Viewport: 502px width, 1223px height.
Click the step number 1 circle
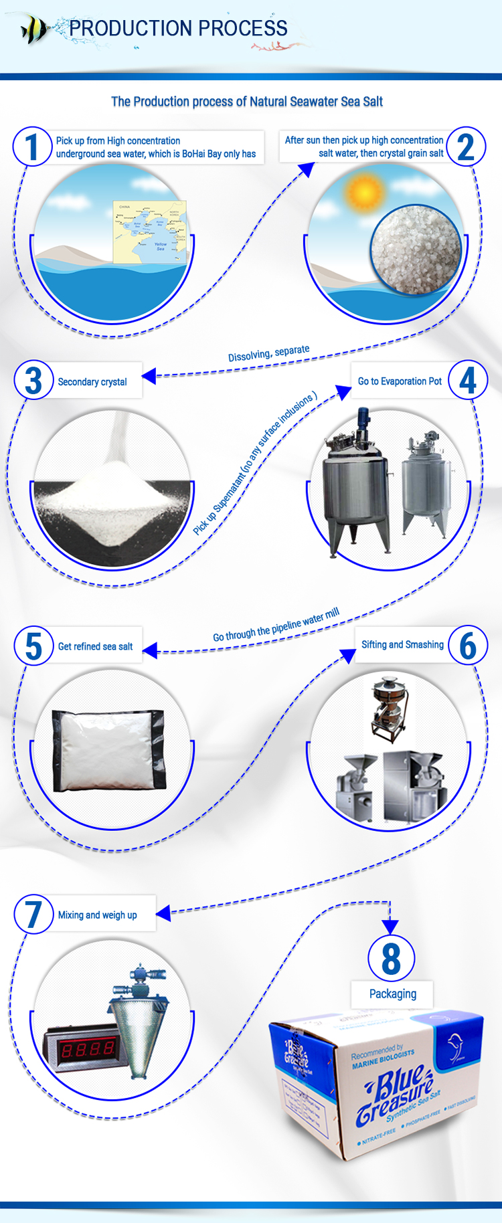click(x=32, y=147)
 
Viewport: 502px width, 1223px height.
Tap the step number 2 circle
click(x=466, y=147)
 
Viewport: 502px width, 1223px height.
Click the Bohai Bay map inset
click(x=150, y=231)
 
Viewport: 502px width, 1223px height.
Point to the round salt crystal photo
click(x=416, y=250)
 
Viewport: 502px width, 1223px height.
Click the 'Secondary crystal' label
click(x=92, y=381)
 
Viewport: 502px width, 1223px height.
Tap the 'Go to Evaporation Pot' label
click(x=400, y=381)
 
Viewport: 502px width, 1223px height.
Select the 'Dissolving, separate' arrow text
click(x=268, y=353)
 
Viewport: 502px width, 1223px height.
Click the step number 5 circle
click(x=33, y=646)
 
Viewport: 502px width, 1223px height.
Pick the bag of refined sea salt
click(x=108, y=750)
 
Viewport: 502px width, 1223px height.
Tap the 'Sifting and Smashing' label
click(x=402, y=645)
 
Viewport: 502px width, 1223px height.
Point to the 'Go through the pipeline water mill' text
click(x=276, y=625)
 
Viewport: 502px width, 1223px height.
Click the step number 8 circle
click(x=391, y=958)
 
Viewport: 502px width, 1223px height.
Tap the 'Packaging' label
click(x=392, y=994)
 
